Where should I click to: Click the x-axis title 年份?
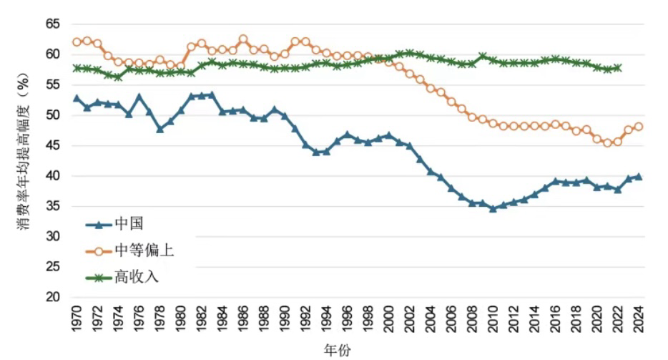(x=336, y=349)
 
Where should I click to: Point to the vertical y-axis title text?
(x=21, y=161)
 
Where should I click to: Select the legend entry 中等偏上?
(x=143, y=250)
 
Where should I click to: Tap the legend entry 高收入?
(x=136, y=276)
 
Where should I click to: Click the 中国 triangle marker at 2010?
(x=493, y=208)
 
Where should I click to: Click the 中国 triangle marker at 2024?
(x=639, y=176)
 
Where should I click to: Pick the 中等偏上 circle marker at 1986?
(x=243, y=39)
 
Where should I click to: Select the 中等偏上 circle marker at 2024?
(x=639, y=127)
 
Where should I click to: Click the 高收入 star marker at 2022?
(x=618, y=68)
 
